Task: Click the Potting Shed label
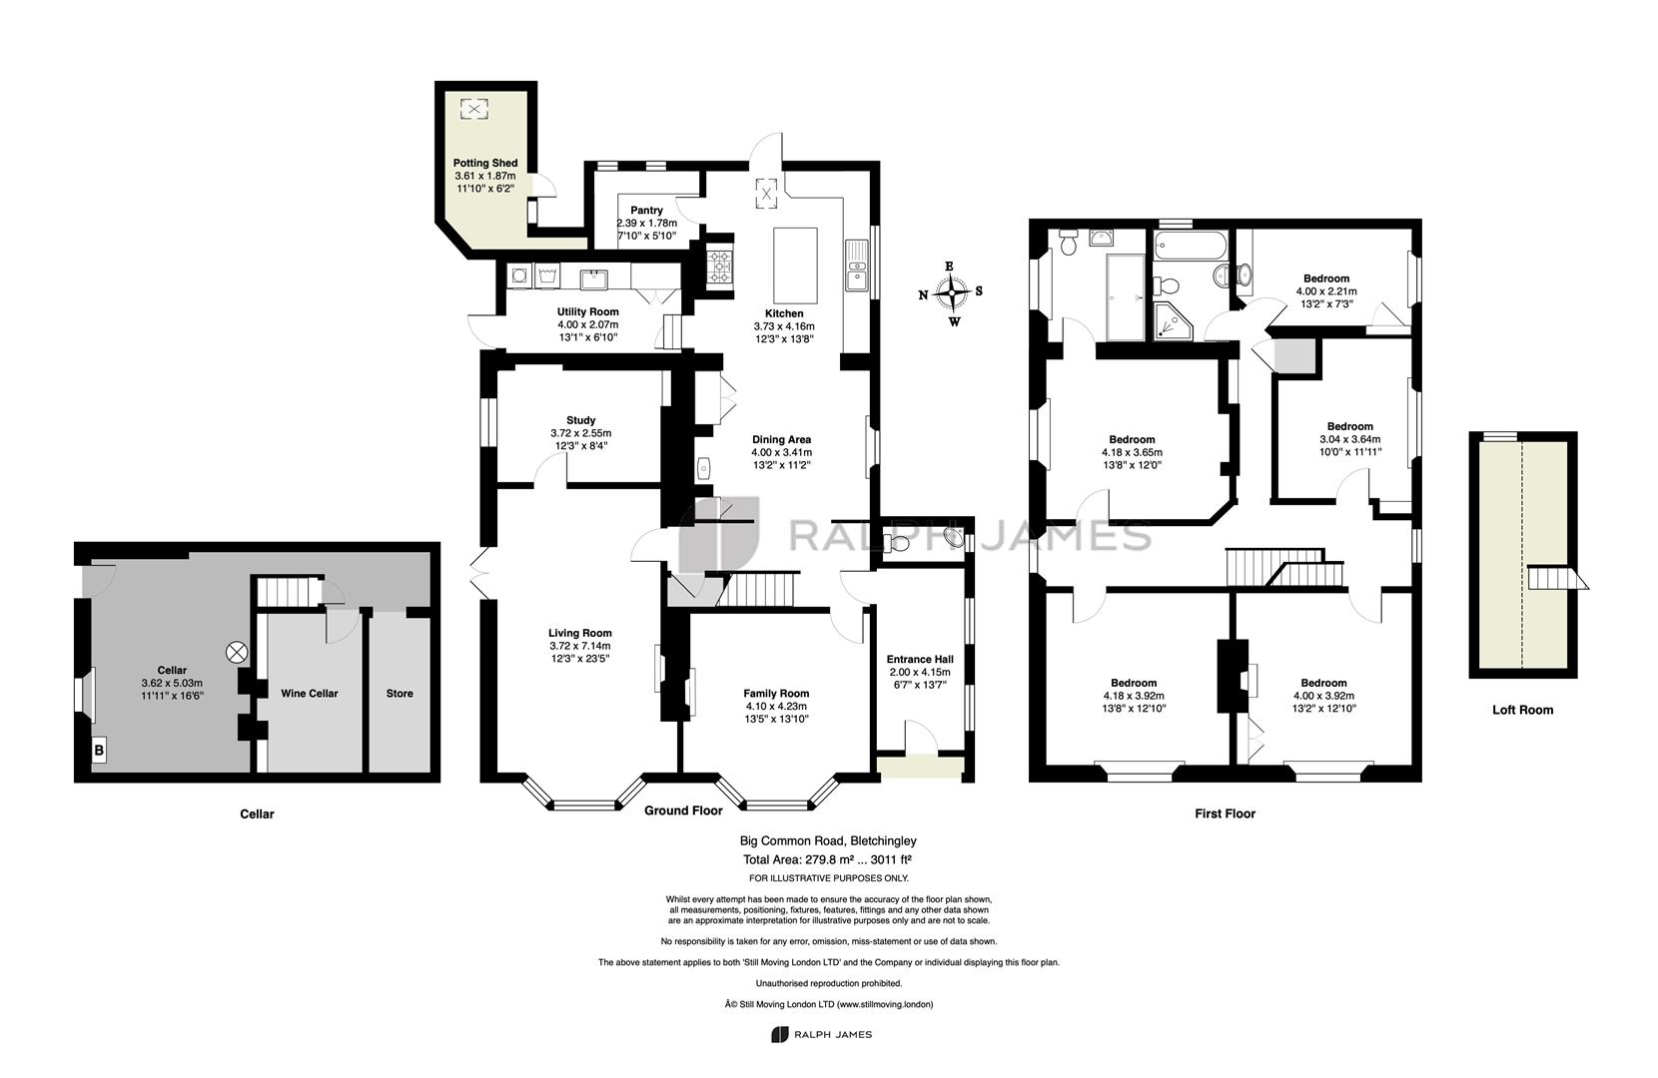click(x=484, y=163)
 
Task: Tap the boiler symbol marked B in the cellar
click(x=99, y=751)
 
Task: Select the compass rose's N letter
click(x=923, y=295)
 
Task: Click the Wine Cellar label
click(x=310, y=694)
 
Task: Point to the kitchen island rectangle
click(x=795, y=266)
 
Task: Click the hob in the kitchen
click(x=719, y=267)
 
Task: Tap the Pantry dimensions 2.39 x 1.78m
click(x=647, y=223)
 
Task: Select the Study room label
click(x=581, y=420)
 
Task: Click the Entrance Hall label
click(x=920, y=659)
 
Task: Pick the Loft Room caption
click(x=1522, y=711)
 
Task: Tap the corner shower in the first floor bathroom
click(x=1173, y=321)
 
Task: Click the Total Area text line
click(x=828, y=859)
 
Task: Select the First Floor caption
click(x=1225, y=813)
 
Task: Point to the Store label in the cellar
click(x=400, y=694)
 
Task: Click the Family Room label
click(x=776, y=694)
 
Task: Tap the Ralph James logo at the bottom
click(x=822, y=1034)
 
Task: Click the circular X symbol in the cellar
click(x=236, y=653)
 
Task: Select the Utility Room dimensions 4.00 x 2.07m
click(x=587, y=324)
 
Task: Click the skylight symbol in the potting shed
click(x=474, y=110)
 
